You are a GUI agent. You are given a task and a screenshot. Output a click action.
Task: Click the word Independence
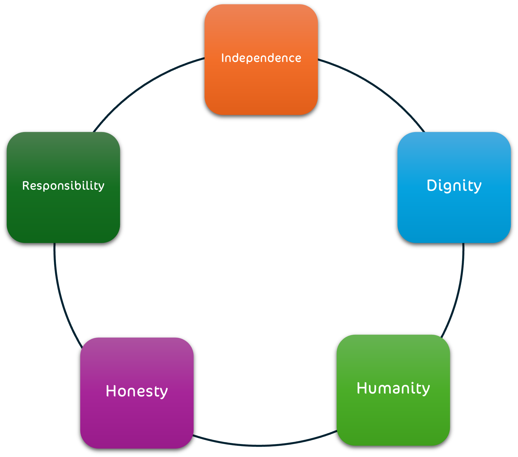tap(261, 58)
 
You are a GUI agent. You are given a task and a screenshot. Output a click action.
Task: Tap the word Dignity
tap(454, 185)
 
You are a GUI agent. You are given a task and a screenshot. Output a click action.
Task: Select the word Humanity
tap(393, 388)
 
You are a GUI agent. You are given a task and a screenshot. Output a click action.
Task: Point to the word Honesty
tap(137, 391)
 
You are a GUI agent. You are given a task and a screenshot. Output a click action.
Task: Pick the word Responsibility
tap(63, 186)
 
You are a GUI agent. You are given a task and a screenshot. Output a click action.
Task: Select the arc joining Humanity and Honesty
tap(262, 445)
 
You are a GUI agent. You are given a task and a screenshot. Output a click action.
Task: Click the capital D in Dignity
tap(432, 185)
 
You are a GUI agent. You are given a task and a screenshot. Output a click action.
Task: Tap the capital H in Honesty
tap(111, 391)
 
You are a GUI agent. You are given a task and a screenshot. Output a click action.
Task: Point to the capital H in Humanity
tap(362, 388)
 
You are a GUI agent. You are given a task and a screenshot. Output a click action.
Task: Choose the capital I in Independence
tap(223, 58)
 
